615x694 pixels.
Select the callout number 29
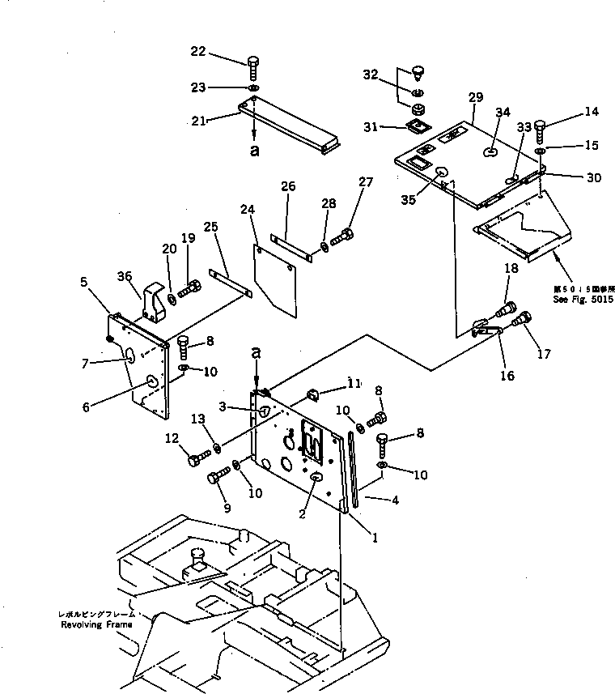coord(475,97)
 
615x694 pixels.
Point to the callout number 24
coord(247,209)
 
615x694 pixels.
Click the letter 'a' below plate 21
coord(255,151)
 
